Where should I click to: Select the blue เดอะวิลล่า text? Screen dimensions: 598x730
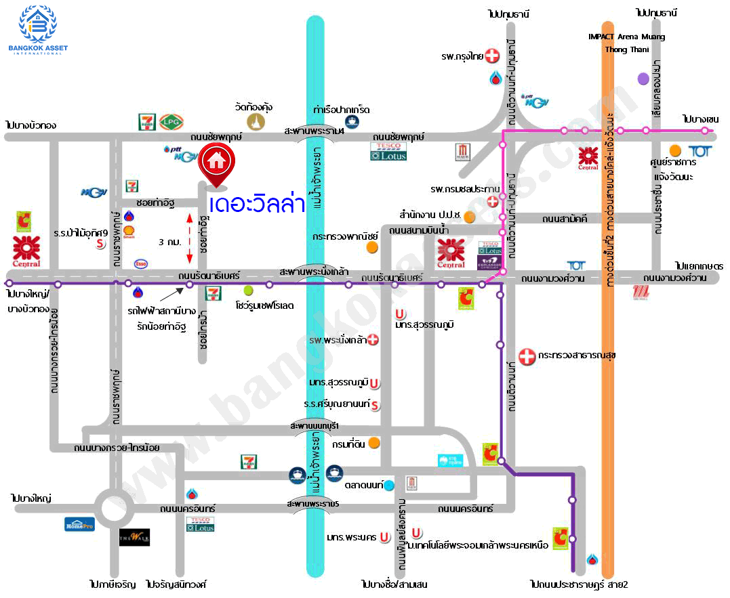click(257, 204)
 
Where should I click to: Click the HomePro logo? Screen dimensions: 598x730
click(79, 524)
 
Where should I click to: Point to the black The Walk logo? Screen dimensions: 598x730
click(134, 537)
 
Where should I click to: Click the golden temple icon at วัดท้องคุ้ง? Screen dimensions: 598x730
click(256, 121)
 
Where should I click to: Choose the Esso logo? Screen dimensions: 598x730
click(141, 263)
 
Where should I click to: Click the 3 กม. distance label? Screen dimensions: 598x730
click(169, 241)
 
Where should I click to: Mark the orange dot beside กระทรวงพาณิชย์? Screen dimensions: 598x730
click(371, 247)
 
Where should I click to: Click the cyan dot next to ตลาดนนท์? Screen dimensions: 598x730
click(389, 485)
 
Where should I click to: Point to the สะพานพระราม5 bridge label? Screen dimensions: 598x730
click(312, 505)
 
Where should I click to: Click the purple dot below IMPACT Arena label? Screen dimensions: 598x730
click(643, 79)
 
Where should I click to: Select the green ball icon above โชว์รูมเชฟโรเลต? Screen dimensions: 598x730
click(248, 290)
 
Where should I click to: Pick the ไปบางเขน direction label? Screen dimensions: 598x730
click(701, 119)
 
